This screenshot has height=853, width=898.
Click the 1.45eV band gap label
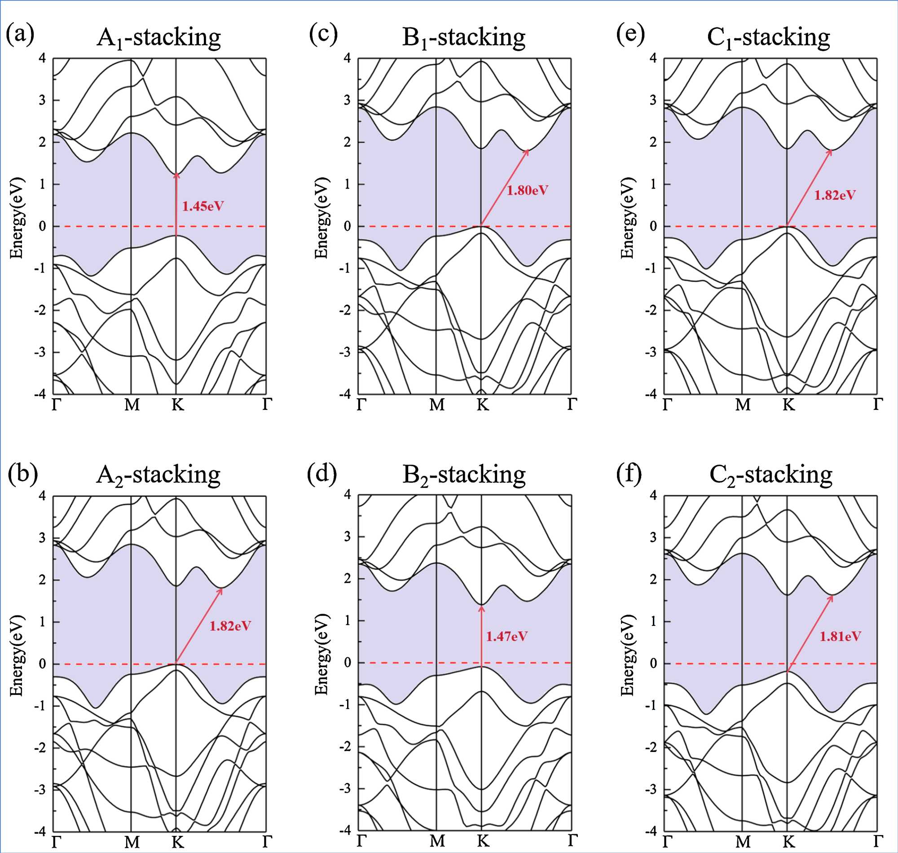tap(203, 207)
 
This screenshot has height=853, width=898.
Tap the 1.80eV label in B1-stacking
tap(528, 190)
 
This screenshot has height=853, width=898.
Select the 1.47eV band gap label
tap(506, 636)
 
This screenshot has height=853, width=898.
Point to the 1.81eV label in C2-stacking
tap(840, 636)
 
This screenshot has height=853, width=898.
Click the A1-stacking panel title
tap(158, 37)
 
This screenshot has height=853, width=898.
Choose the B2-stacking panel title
tap(464, 475)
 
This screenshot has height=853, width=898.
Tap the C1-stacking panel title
tap(768, 37)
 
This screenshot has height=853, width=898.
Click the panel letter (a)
tap(20, 35)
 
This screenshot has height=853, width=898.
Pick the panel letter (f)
tap(629, 473)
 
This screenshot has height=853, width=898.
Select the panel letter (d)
tap(322, 473)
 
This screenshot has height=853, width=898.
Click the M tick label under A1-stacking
tap(132, 404)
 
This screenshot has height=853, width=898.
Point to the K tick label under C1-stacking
tap(788, 404)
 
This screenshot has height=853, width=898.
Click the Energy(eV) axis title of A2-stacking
tap(17, 655)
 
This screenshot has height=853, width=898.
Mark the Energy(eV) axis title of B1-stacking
tap(321, 218)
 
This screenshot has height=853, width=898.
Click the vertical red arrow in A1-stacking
tap(176, 205)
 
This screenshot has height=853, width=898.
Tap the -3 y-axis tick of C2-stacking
tap(653, 789)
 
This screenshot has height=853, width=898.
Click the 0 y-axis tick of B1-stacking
tap(348, 226)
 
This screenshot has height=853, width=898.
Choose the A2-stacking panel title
tap(158, 475)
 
